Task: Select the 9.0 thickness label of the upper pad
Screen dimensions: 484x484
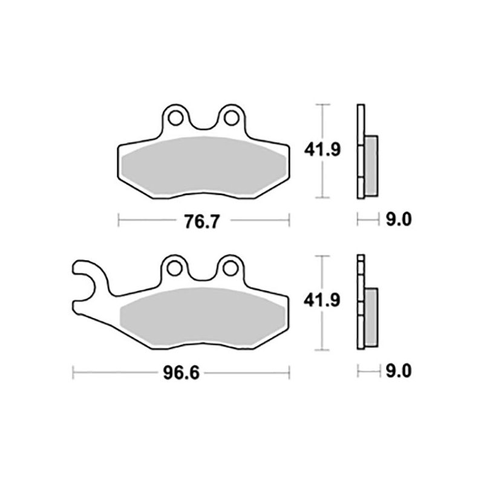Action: coord(398,220)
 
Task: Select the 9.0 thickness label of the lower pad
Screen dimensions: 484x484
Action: coord(398,371)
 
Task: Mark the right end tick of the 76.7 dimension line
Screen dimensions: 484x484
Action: coord(290,221)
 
